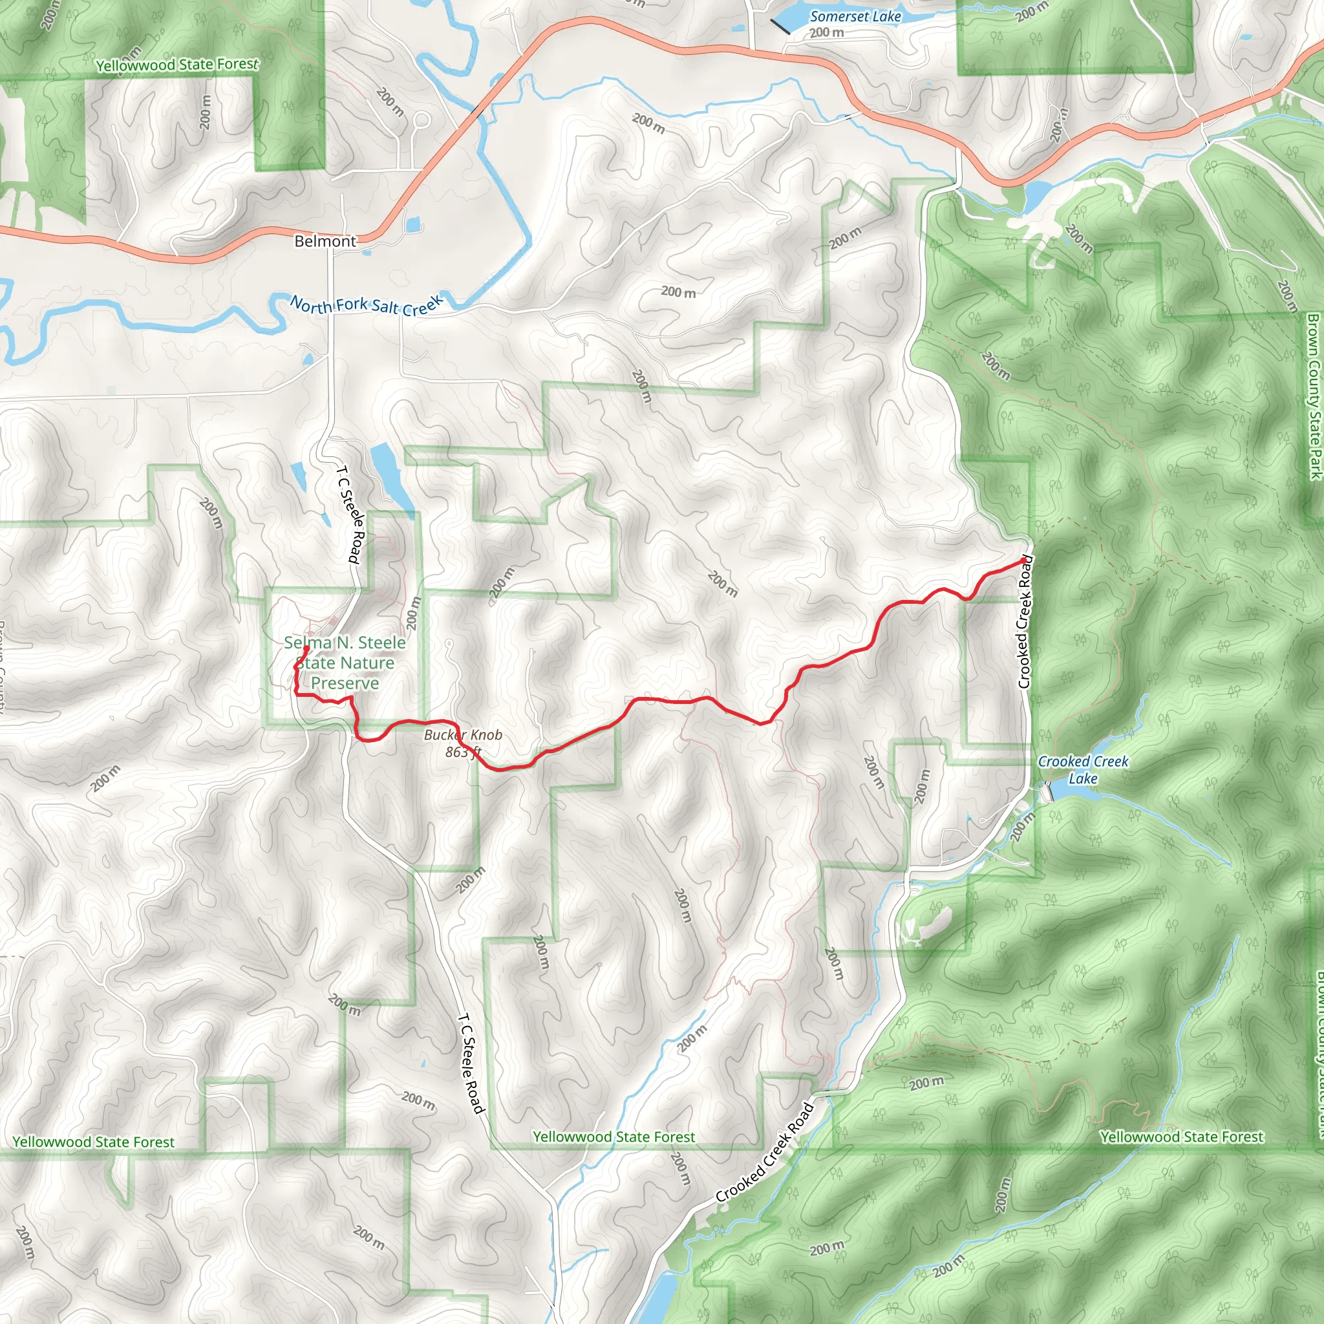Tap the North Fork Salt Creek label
[367, 305]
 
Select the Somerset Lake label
[855, 16]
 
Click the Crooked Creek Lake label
[1083, 769]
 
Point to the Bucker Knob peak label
[463, 734]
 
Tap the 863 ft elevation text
[463, 752]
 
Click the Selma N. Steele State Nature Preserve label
[345, 663]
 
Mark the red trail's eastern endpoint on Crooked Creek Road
[1024, 561]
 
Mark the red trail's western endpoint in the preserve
[306, 648]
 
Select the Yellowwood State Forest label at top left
[178, 65]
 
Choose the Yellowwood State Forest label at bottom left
[94, 1142]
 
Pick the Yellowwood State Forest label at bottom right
[1182, 1137]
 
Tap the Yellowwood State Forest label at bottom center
[614, 1137]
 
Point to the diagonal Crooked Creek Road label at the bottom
[765, 1153]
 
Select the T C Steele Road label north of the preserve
[350, 515]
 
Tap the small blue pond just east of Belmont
[413, 224]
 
